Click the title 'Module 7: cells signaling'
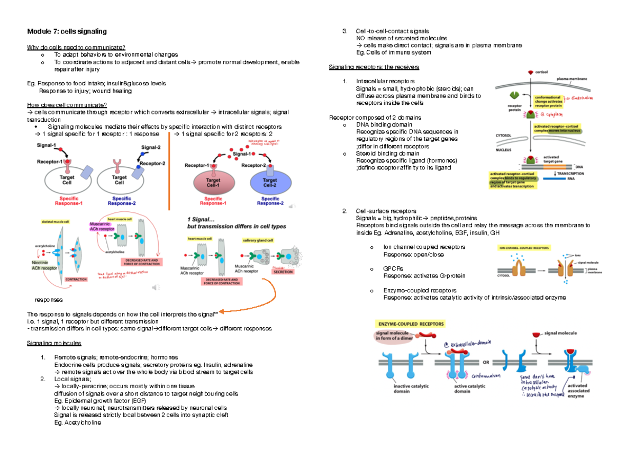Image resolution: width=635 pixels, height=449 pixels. [67, 32]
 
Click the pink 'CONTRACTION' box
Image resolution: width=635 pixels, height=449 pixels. [76, 279]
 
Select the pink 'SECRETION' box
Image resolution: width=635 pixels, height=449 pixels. [283, 272]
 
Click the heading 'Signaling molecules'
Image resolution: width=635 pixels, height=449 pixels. [52, 343]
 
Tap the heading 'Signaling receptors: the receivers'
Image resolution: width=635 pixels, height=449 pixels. [374, 67]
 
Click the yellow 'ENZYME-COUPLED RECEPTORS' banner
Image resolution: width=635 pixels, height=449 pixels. [410, 324]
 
